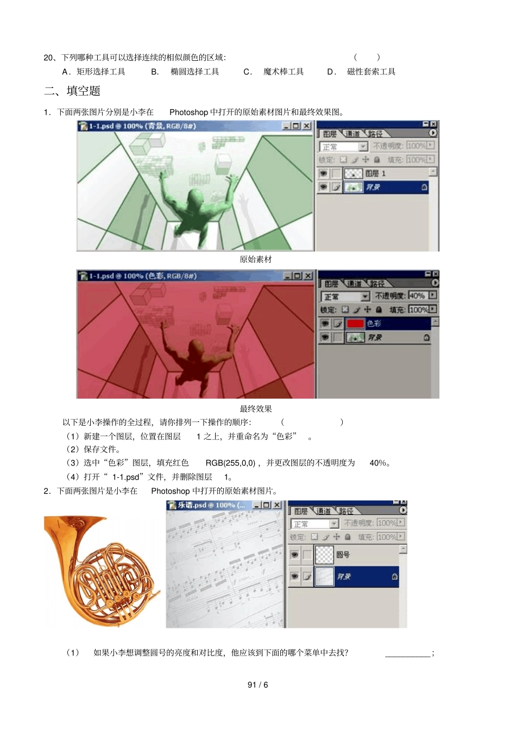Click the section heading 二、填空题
pos(72,91)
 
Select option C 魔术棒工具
pos(283,72)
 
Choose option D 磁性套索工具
pos(371,72)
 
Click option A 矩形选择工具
pos(100,72)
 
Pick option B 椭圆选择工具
pos(194,72)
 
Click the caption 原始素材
pos(256,260)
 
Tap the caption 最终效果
pos(256,409)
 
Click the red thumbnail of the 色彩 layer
pos(355,324)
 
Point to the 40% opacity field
pos(417,295)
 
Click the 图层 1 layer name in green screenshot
pos(375,173)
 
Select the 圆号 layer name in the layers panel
pos(343,554)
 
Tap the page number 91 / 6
pos(257,685)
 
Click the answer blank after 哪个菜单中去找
pos(407,653)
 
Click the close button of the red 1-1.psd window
pos(309,276)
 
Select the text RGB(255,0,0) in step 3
pos(230,463)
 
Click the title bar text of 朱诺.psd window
pos(212,505)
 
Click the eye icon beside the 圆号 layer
pos(294,554)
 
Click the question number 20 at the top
pos(49,58)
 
